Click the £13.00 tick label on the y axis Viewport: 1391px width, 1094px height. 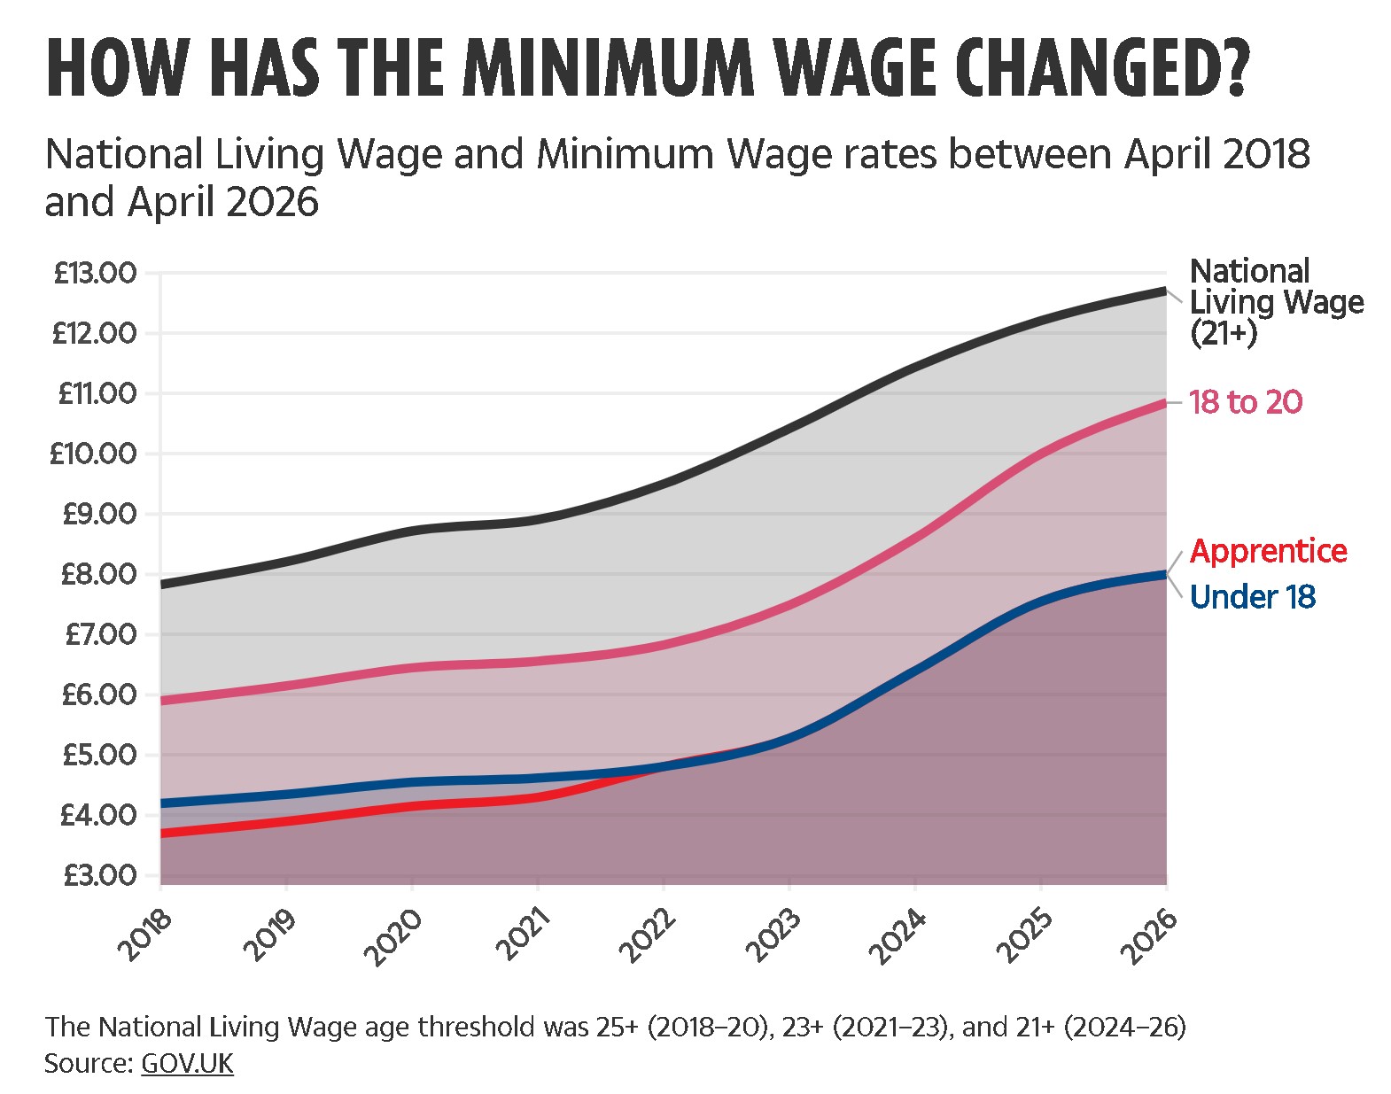(x=96, y=274)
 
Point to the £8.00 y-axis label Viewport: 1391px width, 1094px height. (x=99, y=575)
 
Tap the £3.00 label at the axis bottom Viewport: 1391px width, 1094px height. (x=100, y=875)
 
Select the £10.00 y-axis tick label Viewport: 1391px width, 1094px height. (x=94, y=454)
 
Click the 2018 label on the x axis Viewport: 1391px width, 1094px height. (x=146, y=935)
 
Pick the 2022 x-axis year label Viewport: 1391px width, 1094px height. (x=649, y=935)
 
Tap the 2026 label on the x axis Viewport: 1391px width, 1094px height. (x=1151, y=935)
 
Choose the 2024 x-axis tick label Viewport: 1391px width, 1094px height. (x=900, y=935)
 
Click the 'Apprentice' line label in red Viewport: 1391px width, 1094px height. (x=1268, y=552)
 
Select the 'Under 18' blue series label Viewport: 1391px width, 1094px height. (x=1253, y=596)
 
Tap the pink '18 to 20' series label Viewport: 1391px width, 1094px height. (x=1246, y=402)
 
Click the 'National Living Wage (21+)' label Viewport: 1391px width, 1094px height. (x=1277, y=302)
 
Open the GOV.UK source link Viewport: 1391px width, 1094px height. (x=187, y=1063)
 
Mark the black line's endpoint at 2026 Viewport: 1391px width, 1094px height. (x=1166, y=291)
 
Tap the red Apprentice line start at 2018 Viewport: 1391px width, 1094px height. (x=161, y=833)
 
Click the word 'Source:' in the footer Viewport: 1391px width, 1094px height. (x=89, y=1063)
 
